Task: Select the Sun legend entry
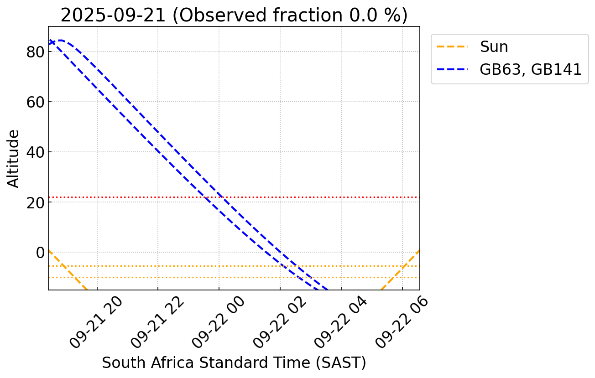tap(494, 47)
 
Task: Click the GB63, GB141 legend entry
tap(530, 69)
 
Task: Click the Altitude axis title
tap(14, 158)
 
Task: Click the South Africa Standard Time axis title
tap(234, 363)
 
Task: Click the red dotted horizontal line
tap(319, 197)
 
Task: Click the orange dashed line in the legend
tap(452, 47)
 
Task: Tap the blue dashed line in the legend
tap(452, 69)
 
